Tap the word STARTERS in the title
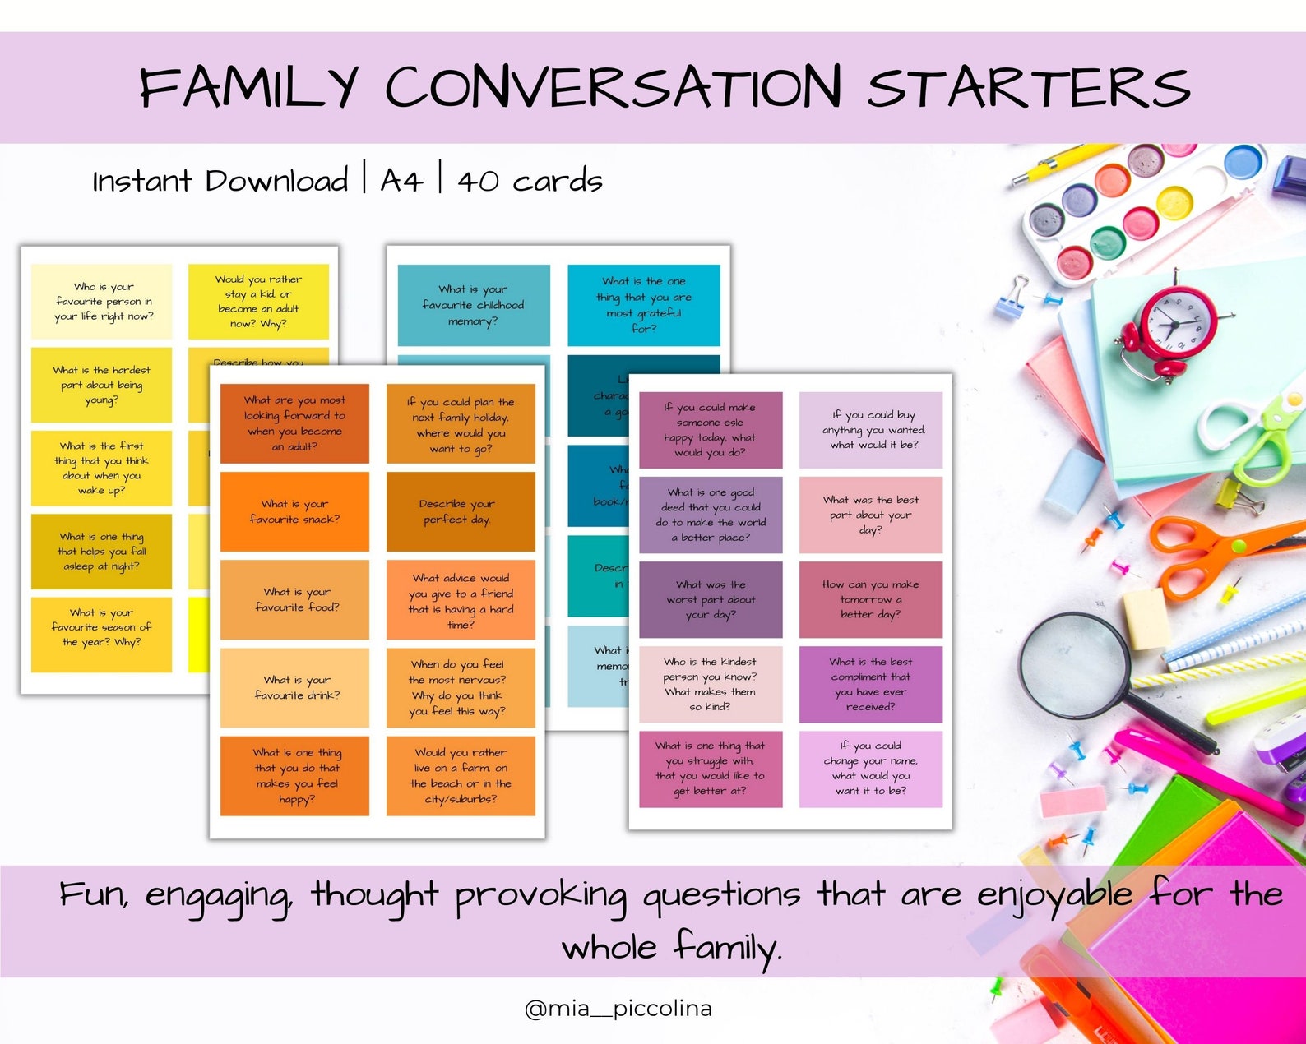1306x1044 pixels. [1028, 87]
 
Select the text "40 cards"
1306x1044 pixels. [530, 180]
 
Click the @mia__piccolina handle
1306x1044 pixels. [618, 1009]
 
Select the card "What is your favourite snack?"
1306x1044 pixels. [294, 511]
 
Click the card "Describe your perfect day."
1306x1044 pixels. [460, 511]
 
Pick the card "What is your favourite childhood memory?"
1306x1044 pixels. [473, 305]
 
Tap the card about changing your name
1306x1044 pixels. [870, 769]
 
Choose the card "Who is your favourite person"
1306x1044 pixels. [102, 301]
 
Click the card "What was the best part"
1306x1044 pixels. [870, 515]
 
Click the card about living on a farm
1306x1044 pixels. [460, 775]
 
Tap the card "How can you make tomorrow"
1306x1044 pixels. [870, 599]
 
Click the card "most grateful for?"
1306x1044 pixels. [643, 305]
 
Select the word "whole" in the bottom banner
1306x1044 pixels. [609, 948]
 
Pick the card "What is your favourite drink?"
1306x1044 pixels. [294, 687]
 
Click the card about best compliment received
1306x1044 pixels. [870, 684]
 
